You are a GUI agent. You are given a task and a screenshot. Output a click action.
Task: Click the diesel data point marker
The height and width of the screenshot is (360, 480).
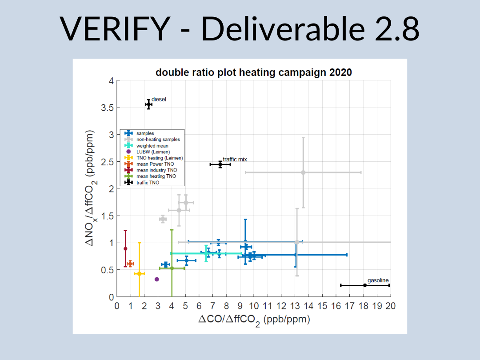click(149, 104)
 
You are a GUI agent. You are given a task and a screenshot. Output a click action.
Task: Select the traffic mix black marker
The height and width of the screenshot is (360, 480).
click(220, 164)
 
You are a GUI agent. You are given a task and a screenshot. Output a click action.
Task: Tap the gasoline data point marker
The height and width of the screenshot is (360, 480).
click(365, 285)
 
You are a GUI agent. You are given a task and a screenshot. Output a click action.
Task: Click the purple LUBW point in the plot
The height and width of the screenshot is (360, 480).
click(157, 279)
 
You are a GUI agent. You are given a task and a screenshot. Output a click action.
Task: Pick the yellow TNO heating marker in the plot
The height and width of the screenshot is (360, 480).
click(139, 274)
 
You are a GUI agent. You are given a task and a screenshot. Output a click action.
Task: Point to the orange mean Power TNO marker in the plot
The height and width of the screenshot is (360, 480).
click(130, 264)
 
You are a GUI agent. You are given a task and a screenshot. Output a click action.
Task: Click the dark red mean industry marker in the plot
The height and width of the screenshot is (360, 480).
click(125, 248)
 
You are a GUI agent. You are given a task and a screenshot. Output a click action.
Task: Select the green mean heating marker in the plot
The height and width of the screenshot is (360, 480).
click(172, 268)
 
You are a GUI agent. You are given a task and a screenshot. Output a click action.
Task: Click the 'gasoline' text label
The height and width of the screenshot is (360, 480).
click(378, 280)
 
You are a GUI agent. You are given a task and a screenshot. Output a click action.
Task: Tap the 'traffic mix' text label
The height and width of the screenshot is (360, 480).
click(235, 160)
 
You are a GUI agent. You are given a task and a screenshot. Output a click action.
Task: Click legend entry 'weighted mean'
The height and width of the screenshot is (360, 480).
click(152, 146)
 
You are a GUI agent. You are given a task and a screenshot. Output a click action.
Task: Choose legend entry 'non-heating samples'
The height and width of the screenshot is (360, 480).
click(158, 139)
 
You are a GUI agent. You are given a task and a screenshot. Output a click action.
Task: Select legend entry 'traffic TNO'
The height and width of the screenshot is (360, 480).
click(148, 183)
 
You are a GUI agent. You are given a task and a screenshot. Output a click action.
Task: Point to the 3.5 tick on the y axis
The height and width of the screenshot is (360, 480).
click(107, 108)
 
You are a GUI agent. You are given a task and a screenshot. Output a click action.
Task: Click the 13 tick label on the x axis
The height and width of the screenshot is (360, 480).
click(295, 306)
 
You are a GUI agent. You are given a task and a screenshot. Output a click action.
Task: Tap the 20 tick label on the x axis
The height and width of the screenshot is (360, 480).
click(391, 306)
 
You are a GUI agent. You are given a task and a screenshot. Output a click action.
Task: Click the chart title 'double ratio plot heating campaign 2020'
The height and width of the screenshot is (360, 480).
click(254, 72)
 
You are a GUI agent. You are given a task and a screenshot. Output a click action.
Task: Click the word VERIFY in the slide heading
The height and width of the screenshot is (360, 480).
click(115, 28)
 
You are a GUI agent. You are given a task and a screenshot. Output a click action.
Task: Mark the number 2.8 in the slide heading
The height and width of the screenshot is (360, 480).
click(397, 28)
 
